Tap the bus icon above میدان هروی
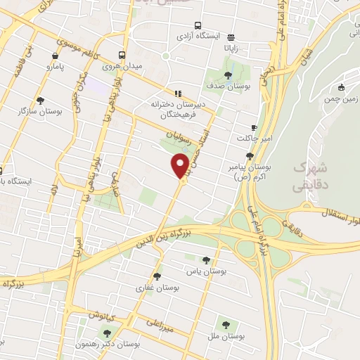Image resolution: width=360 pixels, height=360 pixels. click(122, 55)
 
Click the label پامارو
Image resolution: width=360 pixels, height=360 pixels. click(56, 67)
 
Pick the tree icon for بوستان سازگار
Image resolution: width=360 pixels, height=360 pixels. click(39, 100)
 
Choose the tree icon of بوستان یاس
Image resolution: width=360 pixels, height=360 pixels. click(205, 260)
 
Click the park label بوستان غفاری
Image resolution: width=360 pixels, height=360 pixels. click(158, 288)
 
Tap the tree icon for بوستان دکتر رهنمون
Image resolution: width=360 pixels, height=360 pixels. click(107, 333)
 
